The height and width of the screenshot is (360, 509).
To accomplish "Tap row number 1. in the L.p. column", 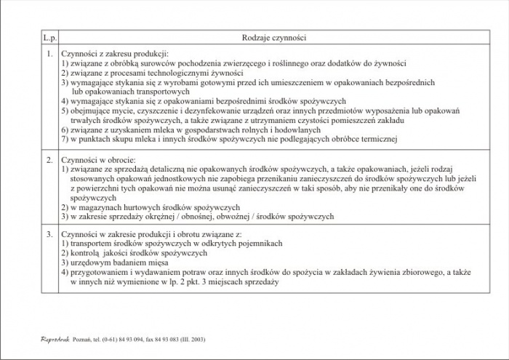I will coord(49,55).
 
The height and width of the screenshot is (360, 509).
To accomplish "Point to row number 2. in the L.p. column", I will coord(49,159).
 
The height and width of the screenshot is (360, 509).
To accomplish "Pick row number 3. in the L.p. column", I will coord(49,234).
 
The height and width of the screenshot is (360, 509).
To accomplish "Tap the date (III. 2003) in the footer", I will coord(192,340).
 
